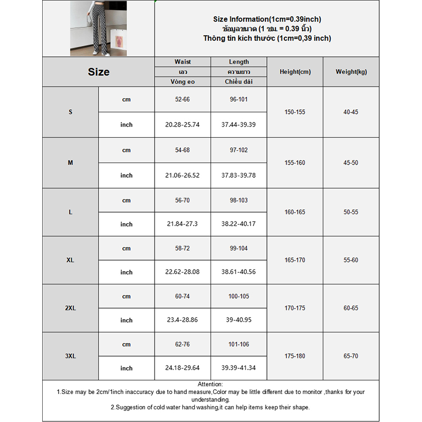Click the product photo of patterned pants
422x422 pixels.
coord(99,28)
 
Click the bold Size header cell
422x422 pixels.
coord(99,72)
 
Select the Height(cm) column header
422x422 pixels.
coord(295,72)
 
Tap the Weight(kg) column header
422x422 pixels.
coord(351,72)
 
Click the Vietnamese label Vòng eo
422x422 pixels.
coord(183,82)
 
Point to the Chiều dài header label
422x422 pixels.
coord(239,82)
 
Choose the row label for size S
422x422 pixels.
coord(71,112)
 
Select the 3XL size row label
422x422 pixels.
coord(71,356)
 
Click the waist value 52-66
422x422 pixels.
coord(183,100)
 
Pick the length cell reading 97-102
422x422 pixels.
coord(239,150)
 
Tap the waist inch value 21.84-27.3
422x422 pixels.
coord(183,224)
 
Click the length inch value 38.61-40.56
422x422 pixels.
coord(239,272)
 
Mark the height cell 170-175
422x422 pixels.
coord(295,308)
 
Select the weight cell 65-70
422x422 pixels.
coord(351,356)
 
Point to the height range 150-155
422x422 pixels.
coord(295,112)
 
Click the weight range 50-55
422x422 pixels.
coord(351,212)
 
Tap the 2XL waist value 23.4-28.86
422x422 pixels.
coord(183,320)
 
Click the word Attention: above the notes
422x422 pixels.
coord(210,385)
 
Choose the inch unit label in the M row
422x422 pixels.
coord(127,176)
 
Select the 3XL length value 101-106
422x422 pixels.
coord(239,344)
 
